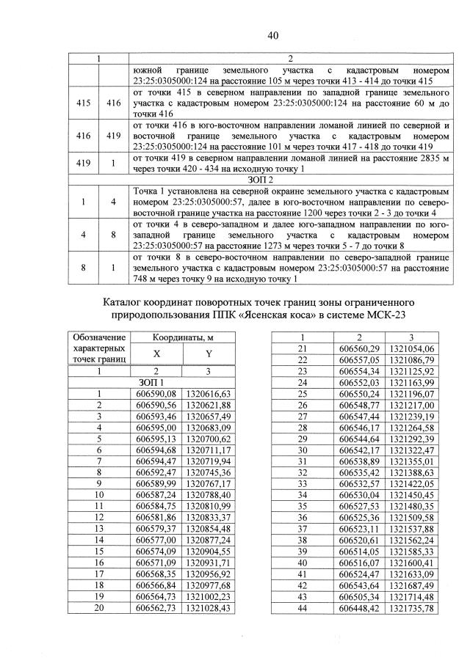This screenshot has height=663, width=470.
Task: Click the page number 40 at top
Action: pos(273,35)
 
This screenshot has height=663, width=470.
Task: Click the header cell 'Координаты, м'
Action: pos(183,337)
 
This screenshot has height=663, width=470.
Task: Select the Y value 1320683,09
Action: pos(209,428)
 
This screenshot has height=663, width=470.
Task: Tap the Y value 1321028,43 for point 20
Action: pos(209,608)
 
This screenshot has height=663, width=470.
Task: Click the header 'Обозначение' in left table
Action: pos(97,337)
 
